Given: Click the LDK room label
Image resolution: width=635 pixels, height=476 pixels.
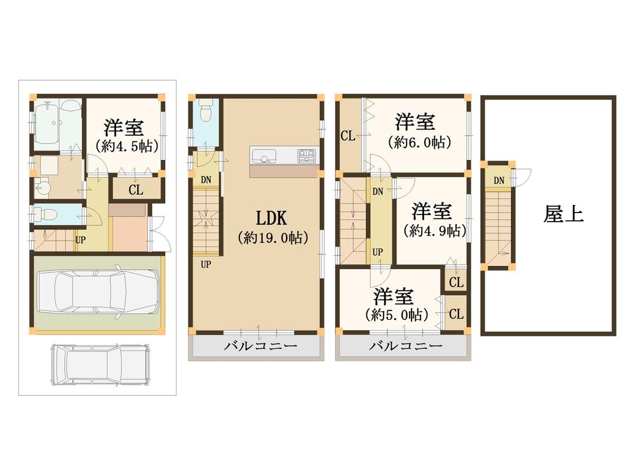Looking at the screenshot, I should (x=272, y=218).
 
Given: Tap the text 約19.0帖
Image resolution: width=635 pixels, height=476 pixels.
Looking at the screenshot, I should (x=272, y=238).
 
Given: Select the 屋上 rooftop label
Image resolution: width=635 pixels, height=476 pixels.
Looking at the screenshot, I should (x=563, y=214).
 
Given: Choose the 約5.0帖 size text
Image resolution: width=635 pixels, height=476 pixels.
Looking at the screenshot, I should (x=396, y=315).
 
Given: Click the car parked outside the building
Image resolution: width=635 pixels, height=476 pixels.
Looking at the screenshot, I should (x=100, y=366).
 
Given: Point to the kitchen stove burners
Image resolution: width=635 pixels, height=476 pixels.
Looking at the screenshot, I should (x=306, y=154).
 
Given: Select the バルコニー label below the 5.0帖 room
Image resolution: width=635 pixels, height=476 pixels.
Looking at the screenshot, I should (x=405, y=347).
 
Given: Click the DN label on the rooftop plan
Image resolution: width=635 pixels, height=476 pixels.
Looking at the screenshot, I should (x=499, y=181).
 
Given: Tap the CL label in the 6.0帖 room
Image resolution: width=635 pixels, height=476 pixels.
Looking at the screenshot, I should (x=347, y=135).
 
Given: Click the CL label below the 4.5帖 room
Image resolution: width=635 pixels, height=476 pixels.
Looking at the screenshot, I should (x=135, y=190).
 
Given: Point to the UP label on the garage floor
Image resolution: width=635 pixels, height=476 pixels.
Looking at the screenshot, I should (x=81, y=241).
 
